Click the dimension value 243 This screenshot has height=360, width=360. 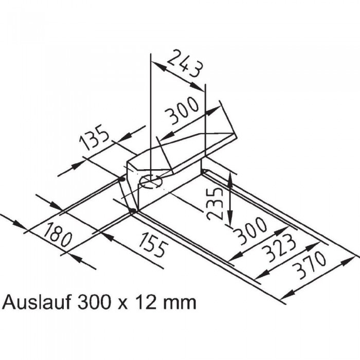coord(186,63)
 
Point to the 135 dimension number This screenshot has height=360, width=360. coord(94,137)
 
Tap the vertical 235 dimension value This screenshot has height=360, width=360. coord(214,204)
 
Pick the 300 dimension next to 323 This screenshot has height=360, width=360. coord(250,230)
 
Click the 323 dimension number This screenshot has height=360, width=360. coord(279,248)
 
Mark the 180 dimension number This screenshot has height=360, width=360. coord(58,233)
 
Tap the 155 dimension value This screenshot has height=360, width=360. coord(154,244)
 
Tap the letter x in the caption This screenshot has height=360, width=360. coord(124,305)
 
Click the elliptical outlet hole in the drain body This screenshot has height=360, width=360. coord(151,182)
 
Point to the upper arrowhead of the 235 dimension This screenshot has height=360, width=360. coord(230,180)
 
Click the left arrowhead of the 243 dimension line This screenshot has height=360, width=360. coord(158,66)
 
